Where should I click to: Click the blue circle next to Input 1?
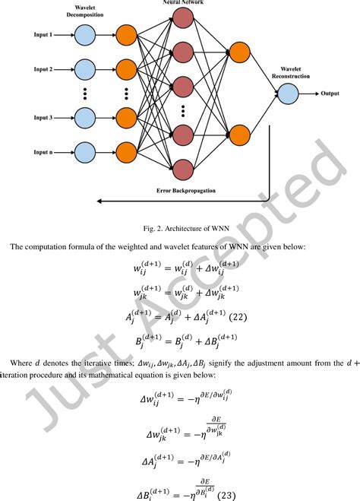tap(86, 34)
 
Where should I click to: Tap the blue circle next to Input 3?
tap(86, 118)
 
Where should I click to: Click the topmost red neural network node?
tap(183, 24)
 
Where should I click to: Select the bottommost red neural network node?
tap(183, 169)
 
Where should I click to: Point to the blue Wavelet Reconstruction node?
tap(288, 94)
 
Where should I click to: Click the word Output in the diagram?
tap(330, 94)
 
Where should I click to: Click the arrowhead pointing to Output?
tap(315, 94)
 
